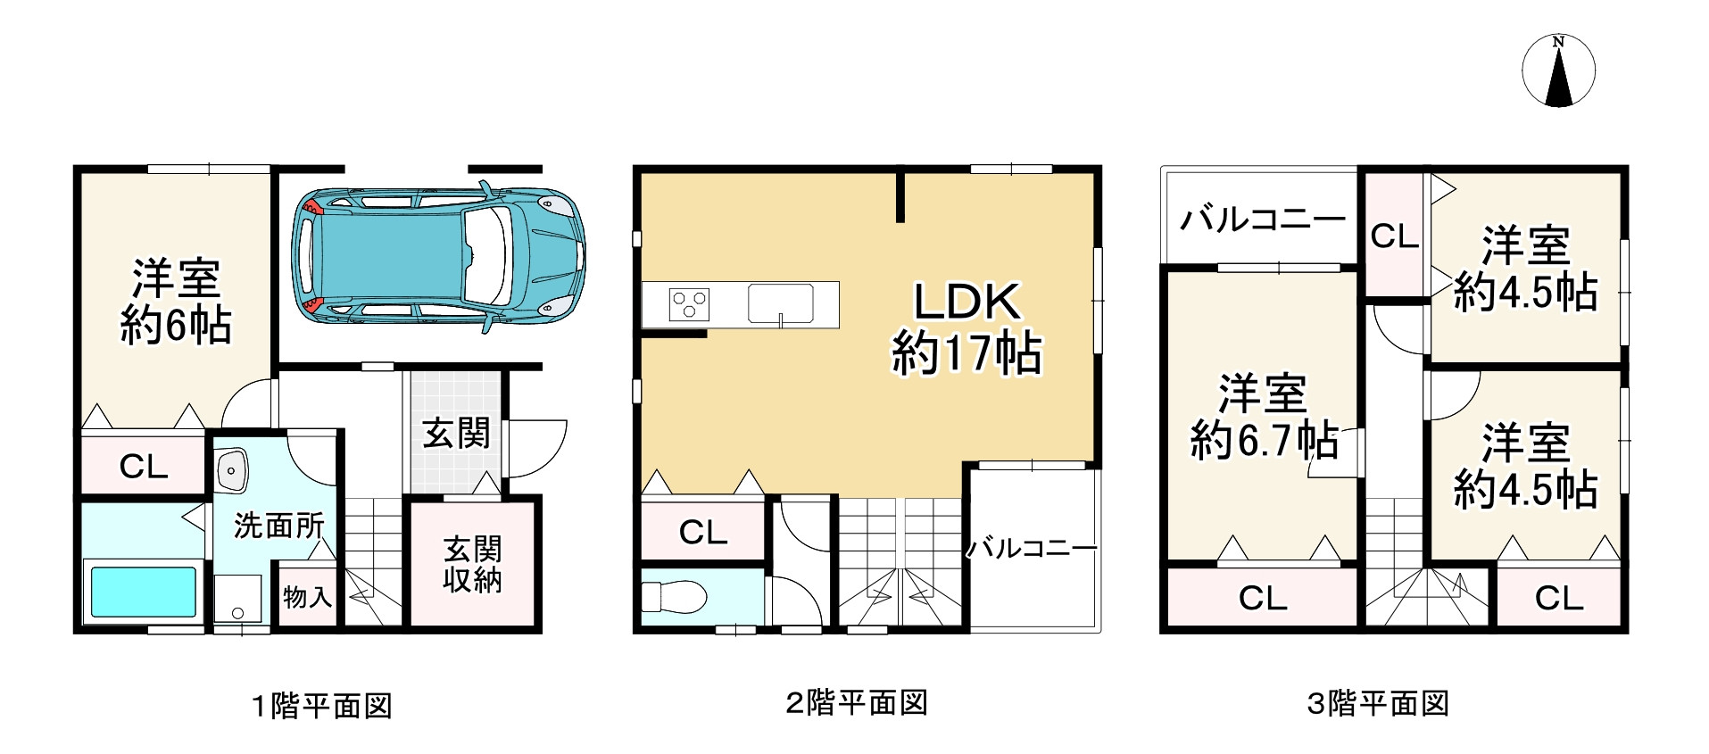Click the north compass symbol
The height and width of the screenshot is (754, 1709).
pyautogui.click(x=1558, y=71)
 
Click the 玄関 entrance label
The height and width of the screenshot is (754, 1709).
pyautogui.click(x=456, y=435)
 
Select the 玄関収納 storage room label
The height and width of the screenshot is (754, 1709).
pyautogui.click(x=473, y=565)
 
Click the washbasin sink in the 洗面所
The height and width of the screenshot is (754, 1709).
pyautogui.click(x=233, y=469)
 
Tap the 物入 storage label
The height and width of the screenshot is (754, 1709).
pyautogui.click(x=307, y=596)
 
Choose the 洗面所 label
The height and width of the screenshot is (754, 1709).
pyautogui.click(x=278, y=526)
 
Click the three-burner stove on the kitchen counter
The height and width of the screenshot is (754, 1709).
pyautogui.click(x=689, y=304)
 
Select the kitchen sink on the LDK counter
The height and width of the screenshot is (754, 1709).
pyautogui.click(x=781, y=303)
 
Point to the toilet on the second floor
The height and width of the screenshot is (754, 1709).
pyautogui.click(x=674, y=596)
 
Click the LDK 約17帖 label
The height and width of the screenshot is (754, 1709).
pyautogui.click(x=966, y=328)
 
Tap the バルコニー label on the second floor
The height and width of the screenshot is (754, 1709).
pyautogui.click(x=1033, y=548)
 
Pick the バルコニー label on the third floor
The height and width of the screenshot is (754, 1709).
pyautogui.click(x=1262, y=219)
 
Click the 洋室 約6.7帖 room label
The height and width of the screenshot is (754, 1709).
pyautogui.click(x=1263, y=417)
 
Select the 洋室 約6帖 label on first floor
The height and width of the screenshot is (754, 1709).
pyautogui.click(x=176, y=302)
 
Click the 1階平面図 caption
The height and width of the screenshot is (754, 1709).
pyautogui.click(x=321, y=707)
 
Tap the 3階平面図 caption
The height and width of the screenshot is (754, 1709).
pyautogui.click(x=1377, y=704)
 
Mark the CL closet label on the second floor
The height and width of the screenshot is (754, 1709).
pyautogui.click(x=702, y=533)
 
